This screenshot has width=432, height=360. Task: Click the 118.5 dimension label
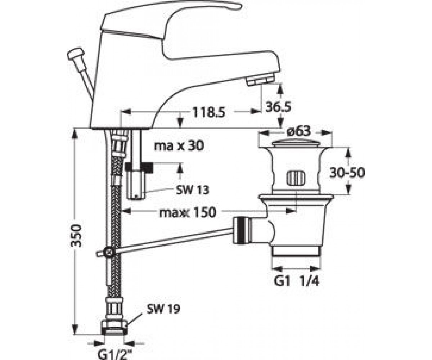pos(208,112)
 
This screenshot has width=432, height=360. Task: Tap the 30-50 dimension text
pos(347,172)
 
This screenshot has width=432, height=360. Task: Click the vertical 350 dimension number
pos(76,236)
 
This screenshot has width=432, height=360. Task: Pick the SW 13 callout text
pos(193,190)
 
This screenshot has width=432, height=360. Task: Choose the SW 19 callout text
pos(163,309)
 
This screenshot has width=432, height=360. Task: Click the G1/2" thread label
pos(115,354)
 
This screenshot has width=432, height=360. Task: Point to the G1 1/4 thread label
pos(297,282)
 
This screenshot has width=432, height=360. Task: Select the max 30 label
pos(179,146)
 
